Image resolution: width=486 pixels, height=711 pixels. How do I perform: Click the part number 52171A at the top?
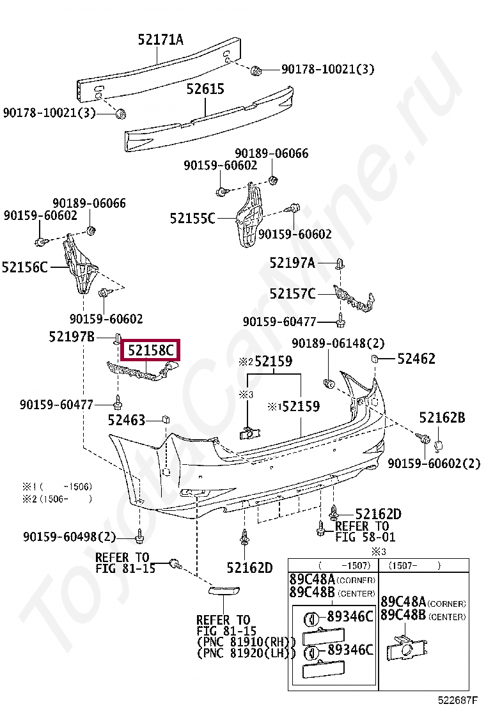pyautogui.click(x=161, y=40)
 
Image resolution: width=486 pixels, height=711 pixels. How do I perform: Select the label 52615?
pyautogui.click(x=205, y=89)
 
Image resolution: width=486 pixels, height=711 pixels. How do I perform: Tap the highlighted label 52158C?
pyautogui.click(x=151, y=350)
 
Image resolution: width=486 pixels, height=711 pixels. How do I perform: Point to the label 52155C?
pyautogui.click(x=192, y=219)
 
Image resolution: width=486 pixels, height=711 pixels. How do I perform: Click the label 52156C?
pyautogui.click(x=25, y=267)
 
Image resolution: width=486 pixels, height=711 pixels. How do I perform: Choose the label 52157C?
pyautogui.click(x=292, y=293)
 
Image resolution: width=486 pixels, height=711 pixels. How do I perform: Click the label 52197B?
pyautogui.click(x=71, y=336)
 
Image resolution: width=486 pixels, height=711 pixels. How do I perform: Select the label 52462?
pyautogui.click(x=416, y=359)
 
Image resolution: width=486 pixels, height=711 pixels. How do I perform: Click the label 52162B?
pyautogui.click(x=442, y=418)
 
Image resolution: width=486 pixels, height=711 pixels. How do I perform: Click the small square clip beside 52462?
pyautogui.click(x=375, y=358)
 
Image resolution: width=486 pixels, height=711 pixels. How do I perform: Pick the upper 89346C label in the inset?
pyautogui.click(x=349, y=616)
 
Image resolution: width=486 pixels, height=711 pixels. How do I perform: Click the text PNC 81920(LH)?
pyautogui.click(x=247, y=653)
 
